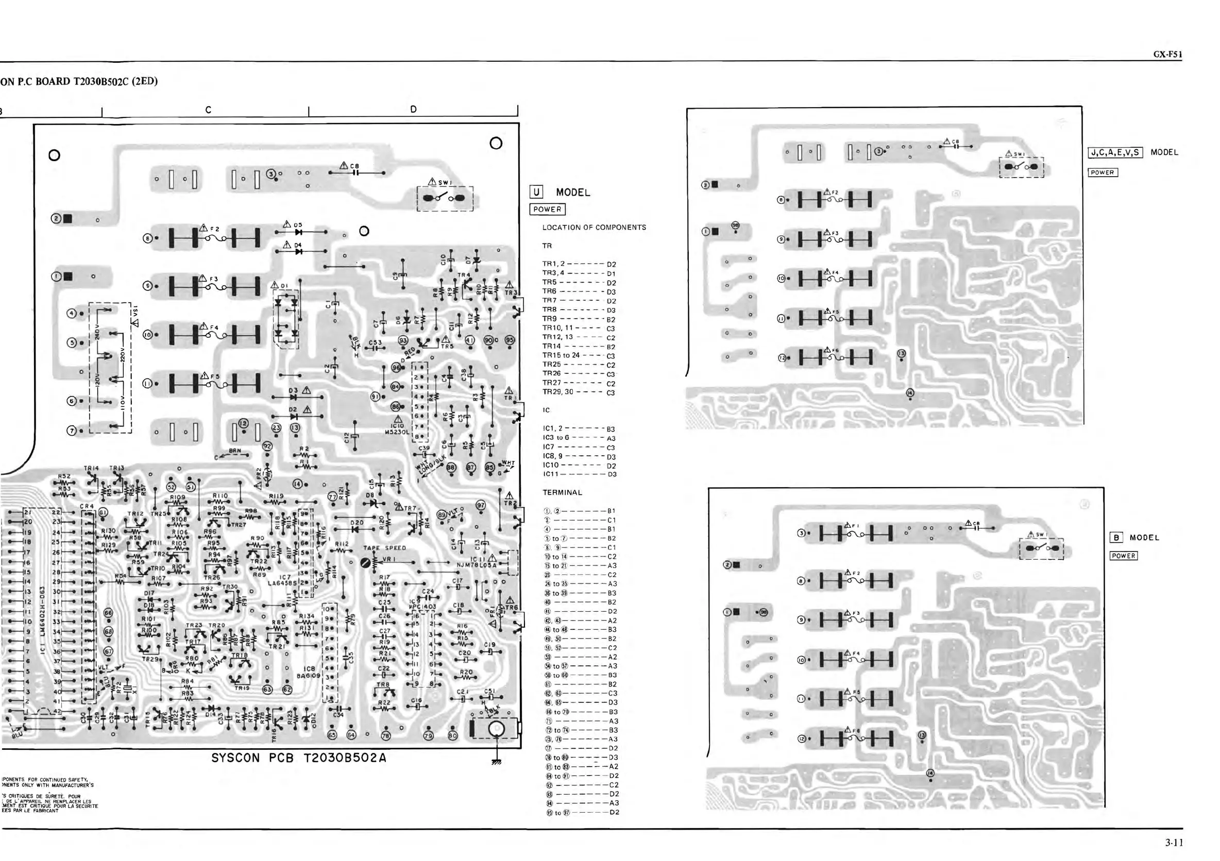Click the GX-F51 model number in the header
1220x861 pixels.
1167,55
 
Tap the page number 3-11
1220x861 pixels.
1174,842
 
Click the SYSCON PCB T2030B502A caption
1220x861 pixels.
299,758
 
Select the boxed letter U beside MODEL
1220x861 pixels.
536,192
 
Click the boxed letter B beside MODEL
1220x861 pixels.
1116,538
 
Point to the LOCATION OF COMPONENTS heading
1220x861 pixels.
594,227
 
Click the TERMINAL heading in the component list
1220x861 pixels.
562,492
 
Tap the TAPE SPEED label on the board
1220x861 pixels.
385,548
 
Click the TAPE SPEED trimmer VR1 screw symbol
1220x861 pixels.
366,562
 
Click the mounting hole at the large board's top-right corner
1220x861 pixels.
496,143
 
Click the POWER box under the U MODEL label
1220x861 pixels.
547,209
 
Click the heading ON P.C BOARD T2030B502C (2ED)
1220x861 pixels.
80,82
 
